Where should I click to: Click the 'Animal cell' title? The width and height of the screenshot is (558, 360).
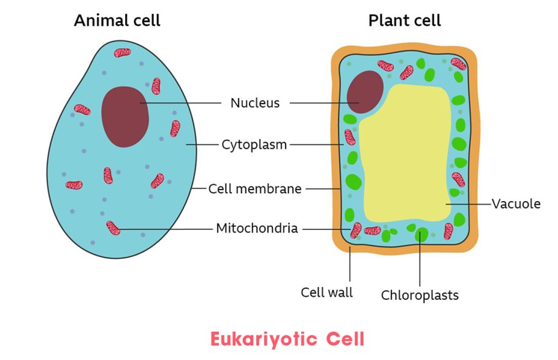pos(117,20)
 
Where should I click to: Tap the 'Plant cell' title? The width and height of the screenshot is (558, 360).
pos(404,20)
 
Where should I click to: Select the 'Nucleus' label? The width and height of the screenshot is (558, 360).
pos(254,103)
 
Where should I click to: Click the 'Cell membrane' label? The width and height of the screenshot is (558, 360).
pos(254,189)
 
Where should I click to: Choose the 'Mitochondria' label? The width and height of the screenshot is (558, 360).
pos(257,229)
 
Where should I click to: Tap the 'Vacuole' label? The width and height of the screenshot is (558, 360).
pos(516,204)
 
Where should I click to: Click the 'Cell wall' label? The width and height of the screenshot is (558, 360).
pos(327,292)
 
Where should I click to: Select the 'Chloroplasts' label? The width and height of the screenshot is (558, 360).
pos(419,295)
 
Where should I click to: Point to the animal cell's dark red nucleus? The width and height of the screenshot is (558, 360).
pos(125,117)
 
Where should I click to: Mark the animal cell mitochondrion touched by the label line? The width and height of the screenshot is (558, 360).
pos(113,228)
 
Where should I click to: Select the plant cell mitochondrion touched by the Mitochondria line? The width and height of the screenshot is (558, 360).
pos(356,230)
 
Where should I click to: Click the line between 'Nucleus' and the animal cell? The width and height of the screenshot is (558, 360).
pos(184,103)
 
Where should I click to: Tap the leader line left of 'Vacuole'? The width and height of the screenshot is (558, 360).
pos(469,204)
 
